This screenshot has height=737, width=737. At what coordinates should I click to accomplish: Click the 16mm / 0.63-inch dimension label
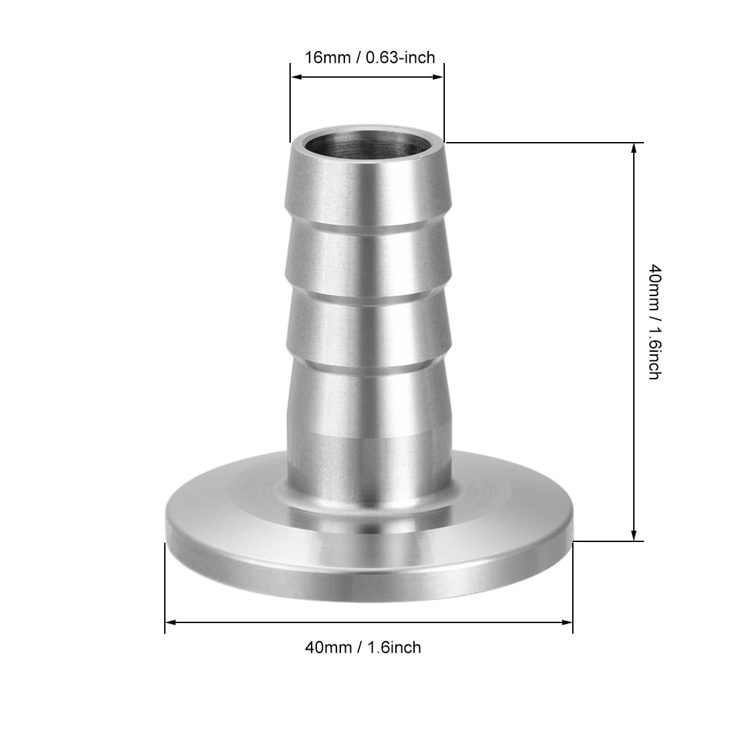coord(370,57)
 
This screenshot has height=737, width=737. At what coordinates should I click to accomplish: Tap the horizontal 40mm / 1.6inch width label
coord(363,647)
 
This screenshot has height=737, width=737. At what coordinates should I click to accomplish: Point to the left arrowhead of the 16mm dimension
coord(295,77)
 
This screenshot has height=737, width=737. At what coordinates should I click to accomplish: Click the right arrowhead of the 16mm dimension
coord(439,77)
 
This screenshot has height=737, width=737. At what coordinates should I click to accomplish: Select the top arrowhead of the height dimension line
coord(634,148)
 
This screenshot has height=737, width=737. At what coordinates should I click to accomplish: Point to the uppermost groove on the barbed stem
coord(367,228)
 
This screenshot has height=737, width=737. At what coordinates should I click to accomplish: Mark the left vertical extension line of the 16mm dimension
coord(290,100)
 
